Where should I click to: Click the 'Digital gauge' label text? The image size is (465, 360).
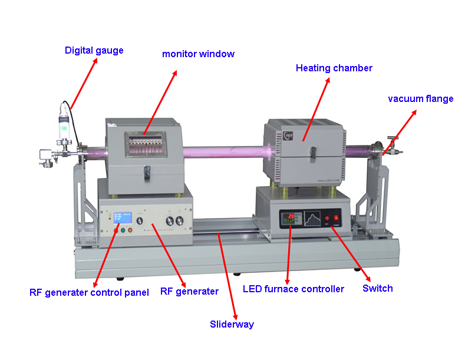tap(94, 51)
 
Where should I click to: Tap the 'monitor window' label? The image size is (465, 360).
tap(198, 54)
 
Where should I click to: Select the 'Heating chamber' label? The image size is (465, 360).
tap(334, 68)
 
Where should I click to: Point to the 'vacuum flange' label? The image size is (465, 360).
tap(421, 99)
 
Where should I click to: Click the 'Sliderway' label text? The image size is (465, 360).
tap(232, 325)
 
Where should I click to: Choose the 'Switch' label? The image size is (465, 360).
tap(378, 288)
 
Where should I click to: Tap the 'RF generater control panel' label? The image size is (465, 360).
tap(89, 293)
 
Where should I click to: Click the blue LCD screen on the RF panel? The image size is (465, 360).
tap(123, 217)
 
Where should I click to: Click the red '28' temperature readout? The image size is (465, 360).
tap(291, 216)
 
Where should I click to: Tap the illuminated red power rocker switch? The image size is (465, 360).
tap(336, 218)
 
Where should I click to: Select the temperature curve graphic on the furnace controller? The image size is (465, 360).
tap(312, 219)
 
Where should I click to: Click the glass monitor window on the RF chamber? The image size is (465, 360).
tap(146, 144)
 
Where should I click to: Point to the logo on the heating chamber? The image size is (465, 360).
tap(288, 136)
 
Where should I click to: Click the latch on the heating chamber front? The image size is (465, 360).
tap(313, 154)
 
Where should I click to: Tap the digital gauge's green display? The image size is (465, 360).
tap(64, 128)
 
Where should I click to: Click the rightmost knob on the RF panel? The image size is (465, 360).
tap(179, 220)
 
